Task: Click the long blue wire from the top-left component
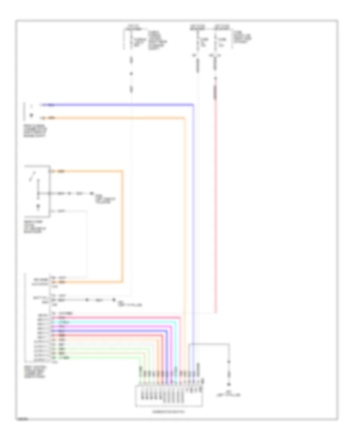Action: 120,105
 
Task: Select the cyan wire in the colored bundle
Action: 116,322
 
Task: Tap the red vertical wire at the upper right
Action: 216,200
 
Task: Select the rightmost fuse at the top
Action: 216,40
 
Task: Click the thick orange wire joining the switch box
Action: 122,224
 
